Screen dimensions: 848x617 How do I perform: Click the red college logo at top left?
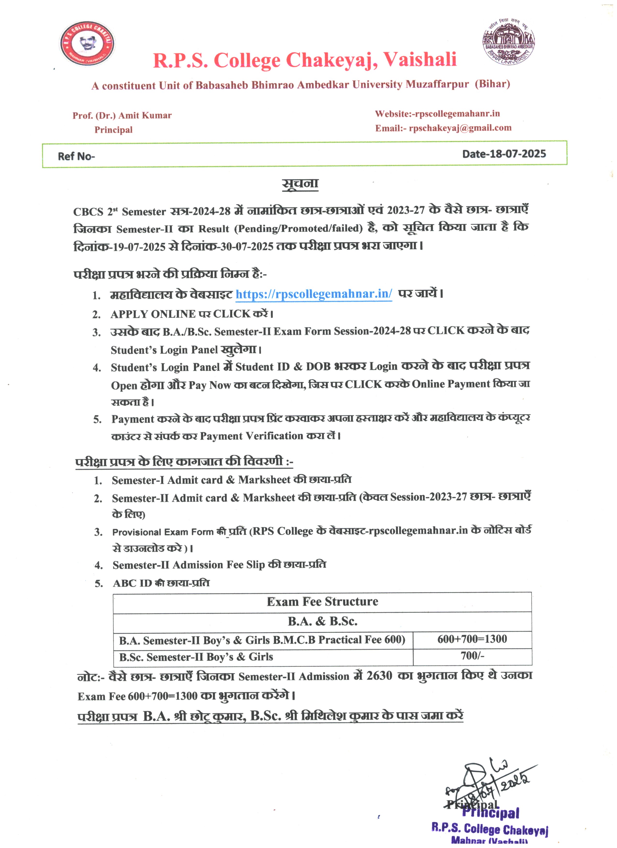click(87, 44)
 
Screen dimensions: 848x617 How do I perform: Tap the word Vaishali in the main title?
click(420, 60)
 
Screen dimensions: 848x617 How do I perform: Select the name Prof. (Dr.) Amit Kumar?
click(122, 116)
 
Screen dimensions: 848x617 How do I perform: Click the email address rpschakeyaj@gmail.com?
click(460, 128)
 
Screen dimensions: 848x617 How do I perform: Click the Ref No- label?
click(76, 156)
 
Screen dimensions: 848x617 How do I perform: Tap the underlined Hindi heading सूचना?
click(300, 183)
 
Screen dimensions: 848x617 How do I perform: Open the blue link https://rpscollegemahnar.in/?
click(314, 294)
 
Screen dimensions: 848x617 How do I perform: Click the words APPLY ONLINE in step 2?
click(153, 314)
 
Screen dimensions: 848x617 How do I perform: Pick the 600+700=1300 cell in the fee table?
click(472, 639)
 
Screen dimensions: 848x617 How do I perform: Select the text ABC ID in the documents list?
click(132, 583)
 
